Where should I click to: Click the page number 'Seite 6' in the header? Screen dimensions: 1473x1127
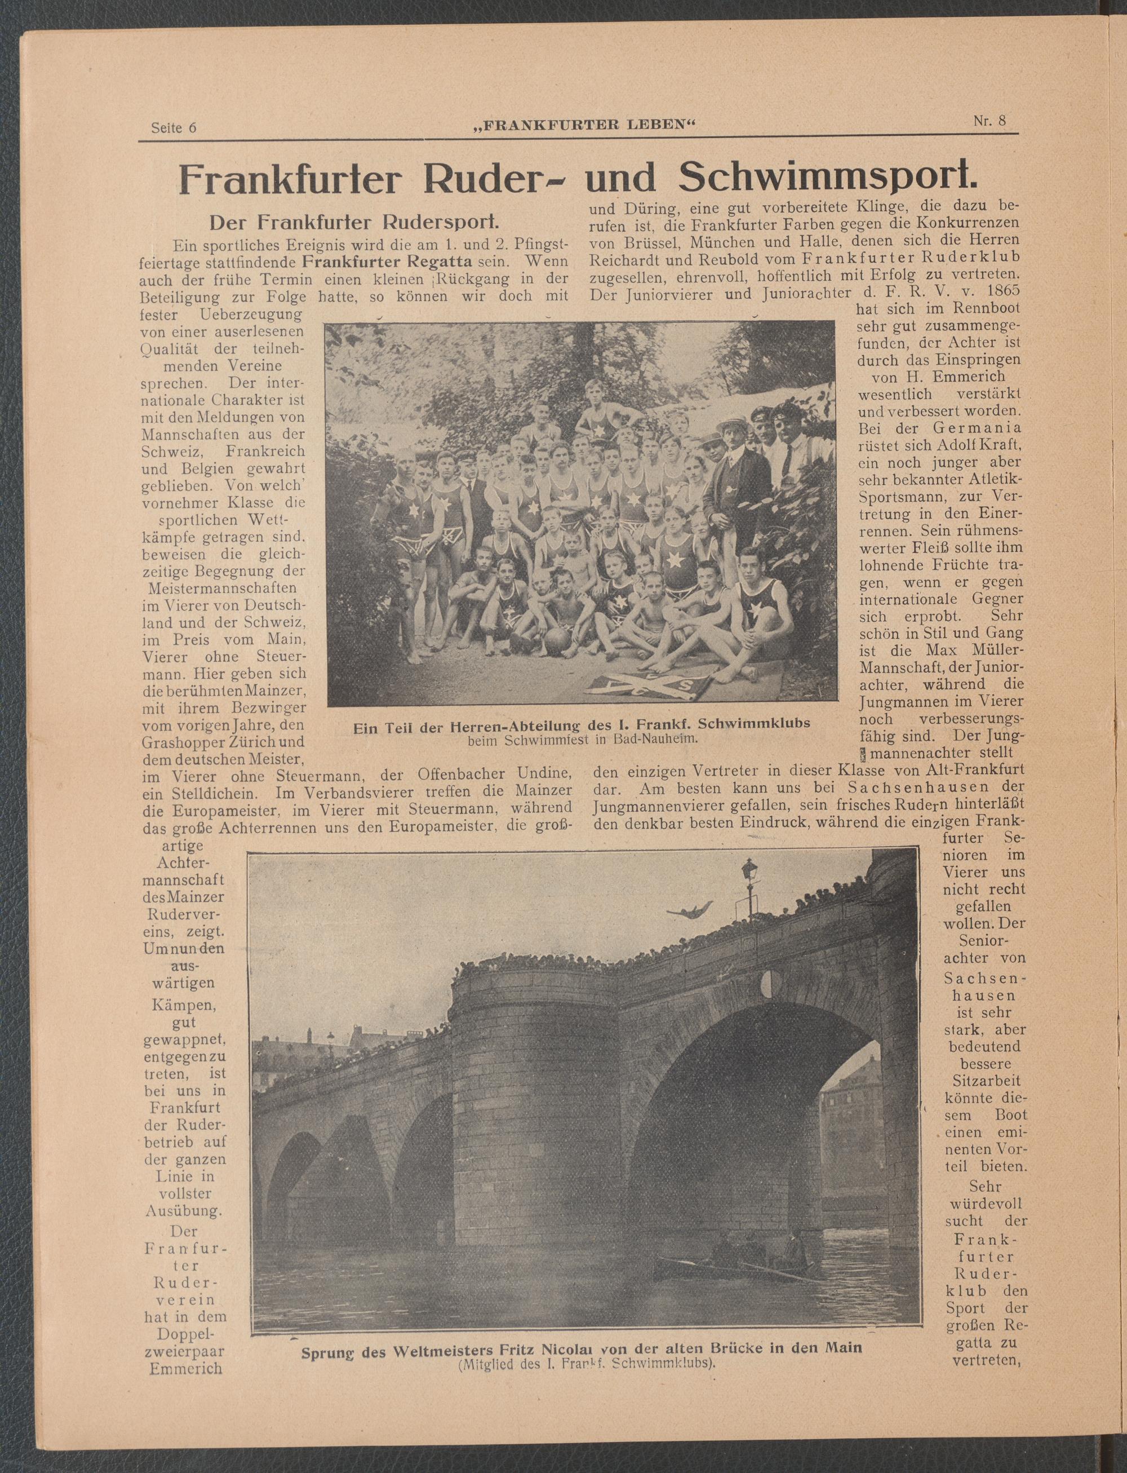tap(174, 128)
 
